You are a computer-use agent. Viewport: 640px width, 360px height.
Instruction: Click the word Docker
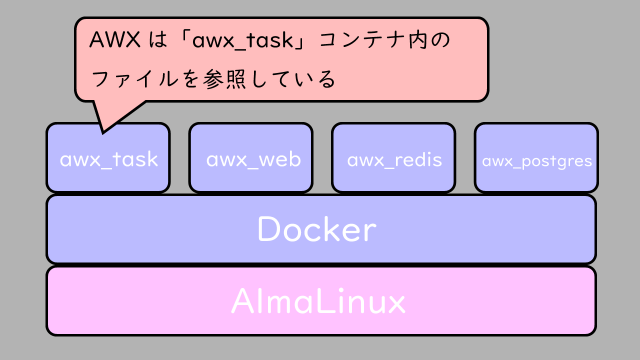click(316, 229)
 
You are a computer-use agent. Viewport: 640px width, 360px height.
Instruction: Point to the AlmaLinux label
click(318, 301)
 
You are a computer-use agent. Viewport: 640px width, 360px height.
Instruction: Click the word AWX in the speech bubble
click(114, 40)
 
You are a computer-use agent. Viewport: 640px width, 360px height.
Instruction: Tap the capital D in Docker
click(268, 229)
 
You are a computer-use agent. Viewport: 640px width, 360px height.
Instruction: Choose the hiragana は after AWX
click(157, 40)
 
